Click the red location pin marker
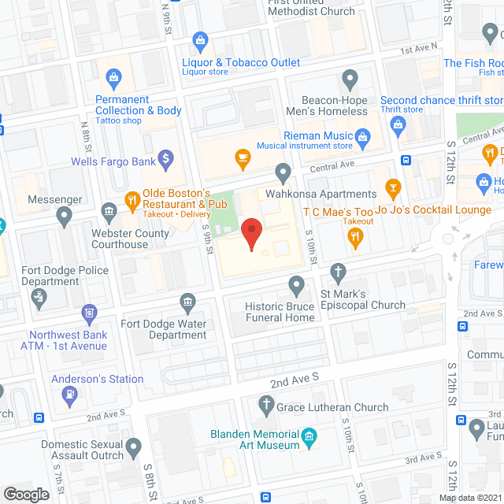(251, 233)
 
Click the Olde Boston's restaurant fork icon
(131, 198)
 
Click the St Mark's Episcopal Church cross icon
(339, 272)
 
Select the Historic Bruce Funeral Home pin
(297, 283)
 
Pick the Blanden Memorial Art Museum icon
(309, 435)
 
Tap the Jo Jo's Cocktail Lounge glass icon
(393, 187)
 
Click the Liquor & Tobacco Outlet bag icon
(200, 39)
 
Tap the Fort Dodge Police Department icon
(38, 296)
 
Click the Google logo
(26, 495)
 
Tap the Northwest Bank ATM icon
(88, 314)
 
